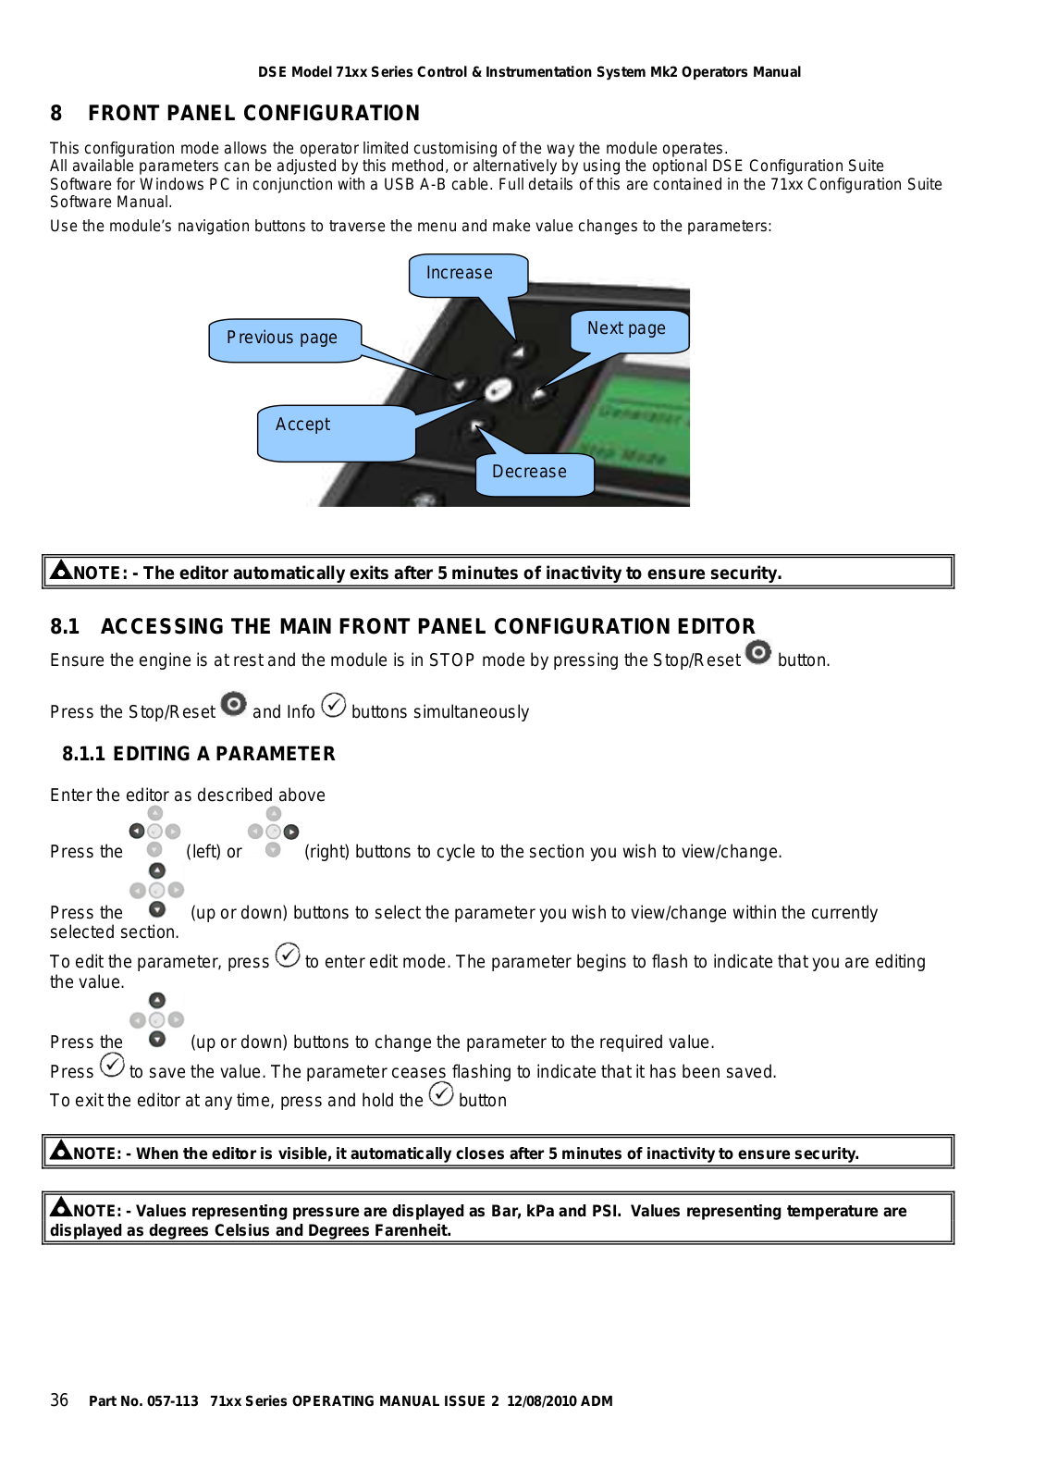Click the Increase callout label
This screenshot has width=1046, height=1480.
[460, 274]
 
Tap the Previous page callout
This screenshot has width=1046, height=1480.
[282, 339]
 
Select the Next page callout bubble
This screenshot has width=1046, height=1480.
[626, 329]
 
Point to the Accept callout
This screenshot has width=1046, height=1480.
[303, 425]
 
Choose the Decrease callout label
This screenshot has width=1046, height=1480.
[529, 473]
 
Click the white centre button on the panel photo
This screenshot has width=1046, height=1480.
[498, 390]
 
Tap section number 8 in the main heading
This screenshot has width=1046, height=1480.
[56, 114]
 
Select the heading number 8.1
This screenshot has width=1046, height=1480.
[65, 627]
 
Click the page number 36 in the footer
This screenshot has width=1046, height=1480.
[59, 1400]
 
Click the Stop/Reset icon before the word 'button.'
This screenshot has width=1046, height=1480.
[758, 653]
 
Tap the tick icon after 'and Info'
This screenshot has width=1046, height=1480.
[334, 706]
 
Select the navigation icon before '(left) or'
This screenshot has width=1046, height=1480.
[154, 832]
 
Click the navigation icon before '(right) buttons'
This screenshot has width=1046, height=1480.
[273, 832]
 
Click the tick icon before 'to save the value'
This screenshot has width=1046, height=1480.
[112, 1066]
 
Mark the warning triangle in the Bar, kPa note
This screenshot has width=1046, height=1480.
[61, 1207]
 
